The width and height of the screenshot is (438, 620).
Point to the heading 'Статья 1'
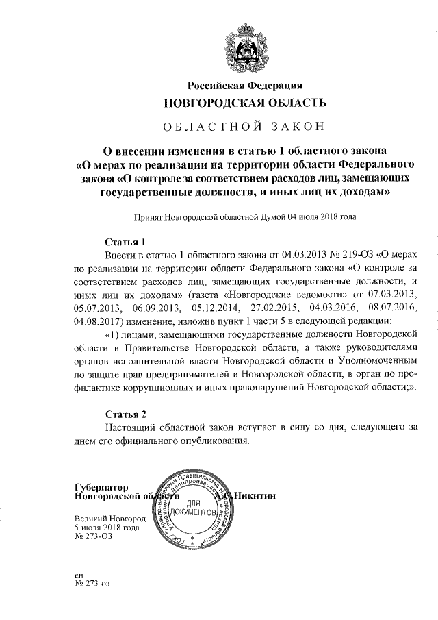(126, 242)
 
